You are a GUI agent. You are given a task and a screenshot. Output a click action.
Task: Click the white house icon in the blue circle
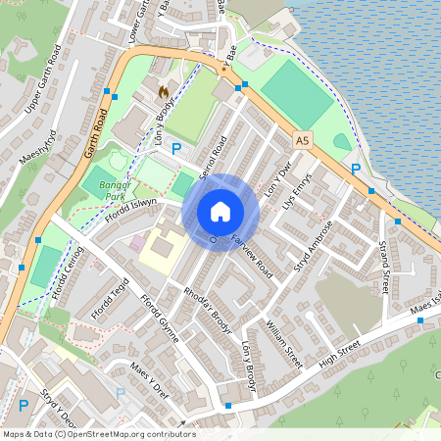pyautogui.click(x=220, y=212)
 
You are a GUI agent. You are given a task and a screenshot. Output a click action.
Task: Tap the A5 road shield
pyautogui.click(x=302, y=141)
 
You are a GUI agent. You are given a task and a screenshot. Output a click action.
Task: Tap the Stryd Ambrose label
pyautogui.click(x=315, y=245)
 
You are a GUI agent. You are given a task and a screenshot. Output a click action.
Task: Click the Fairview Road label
pyautogui.click(x=254, y=251)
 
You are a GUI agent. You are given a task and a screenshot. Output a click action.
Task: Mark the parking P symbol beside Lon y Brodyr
pyautogui.click(x=176, y=149)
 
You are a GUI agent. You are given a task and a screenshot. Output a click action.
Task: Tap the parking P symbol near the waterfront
pyautogui.click(x=357, y=169)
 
